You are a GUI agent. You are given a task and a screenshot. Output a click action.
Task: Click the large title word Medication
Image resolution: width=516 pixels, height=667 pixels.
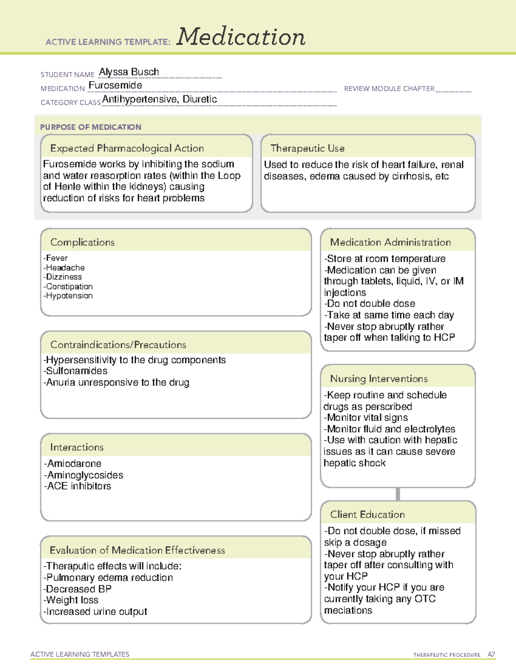click(x=241, y=37)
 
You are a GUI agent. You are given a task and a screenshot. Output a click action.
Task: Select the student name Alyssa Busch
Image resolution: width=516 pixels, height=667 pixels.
click(x=129, y=72)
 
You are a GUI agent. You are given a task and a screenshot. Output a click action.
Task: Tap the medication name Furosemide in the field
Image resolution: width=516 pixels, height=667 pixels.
click(x=115, y=85)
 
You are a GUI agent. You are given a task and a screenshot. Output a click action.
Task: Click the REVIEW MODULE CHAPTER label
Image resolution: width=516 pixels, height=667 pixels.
click(x=389, y=88)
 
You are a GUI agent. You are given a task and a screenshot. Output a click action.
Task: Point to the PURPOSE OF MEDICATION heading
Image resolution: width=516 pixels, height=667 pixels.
click(x=91, y=127)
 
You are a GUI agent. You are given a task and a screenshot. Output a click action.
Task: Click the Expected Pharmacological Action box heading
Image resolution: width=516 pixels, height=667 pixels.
click(x=127, y=148)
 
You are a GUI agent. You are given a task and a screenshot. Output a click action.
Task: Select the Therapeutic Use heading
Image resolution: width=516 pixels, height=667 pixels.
click(x=307, y=148)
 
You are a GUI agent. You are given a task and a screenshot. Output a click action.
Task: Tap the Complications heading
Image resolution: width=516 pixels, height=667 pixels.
click(x=83, y=242)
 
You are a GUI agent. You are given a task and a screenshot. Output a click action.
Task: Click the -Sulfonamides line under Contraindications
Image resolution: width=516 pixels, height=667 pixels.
click(x=76, y=371)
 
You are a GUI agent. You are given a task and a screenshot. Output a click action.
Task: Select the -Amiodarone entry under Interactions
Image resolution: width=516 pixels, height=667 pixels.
click(x=73, y=464)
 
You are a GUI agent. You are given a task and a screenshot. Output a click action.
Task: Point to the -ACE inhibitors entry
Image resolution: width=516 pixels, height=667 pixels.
click(x=77, y=486)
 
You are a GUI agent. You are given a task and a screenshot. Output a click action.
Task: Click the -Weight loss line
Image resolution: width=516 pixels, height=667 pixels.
click(x=71, y=600)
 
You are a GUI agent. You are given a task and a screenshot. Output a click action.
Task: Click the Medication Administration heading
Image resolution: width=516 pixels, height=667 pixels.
click(x=390, y=242)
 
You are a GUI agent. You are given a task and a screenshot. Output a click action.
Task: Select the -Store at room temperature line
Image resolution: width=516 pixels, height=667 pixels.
click(x=385, y=259)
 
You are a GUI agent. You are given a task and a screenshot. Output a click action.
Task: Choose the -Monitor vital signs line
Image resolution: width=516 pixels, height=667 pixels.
click(x=366, y=418)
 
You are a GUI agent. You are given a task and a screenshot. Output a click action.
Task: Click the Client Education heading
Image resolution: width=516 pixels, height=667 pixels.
click(x=367, y=515)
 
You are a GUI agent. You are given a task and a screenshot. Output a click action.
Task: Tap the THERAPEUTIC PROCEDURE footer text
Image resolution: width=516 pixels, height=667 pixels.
click(x=446, y=655)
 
